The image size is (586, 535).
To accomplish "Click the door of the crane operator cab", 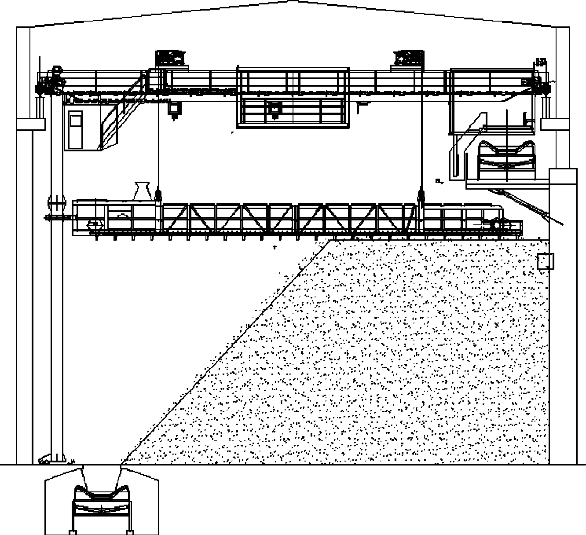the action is [x=76, y=130].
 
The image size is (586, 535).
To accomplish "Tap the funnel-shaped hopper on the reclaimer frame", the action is [x=142, y=191].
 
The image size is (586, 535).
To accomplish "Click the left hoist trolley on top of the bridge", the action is [x=171, y=58].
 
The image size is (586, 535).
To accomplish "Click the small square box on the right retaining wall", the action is [x=546, y=261].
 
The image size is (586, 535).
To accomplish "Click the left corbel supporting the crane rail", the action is [x=31, y=124].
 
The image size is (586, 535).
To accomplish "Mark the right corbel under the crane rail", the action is [x=555, y=124].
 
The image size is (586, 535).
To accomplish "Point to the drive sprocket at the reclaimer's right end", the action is [x=497, y=224].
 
